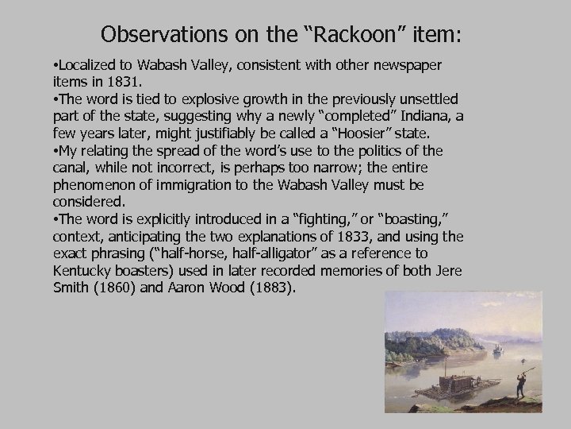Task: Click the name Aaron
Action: (186, 288)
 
